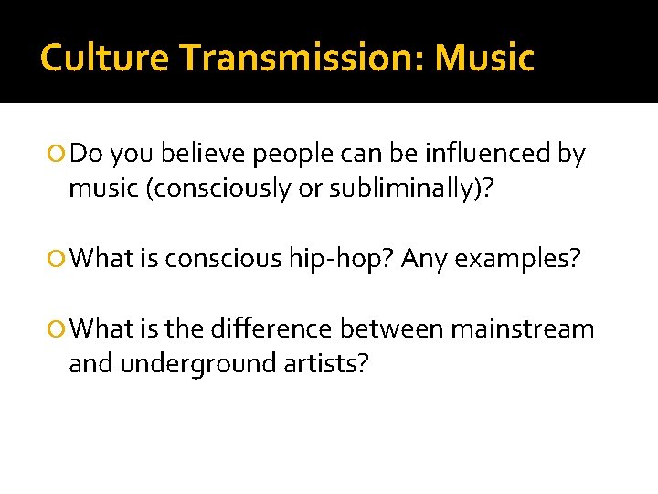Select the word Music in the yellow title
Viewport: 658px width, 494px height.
click(484, 59)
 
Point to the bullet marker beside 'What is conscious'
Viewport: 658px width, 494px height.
click(59, 261)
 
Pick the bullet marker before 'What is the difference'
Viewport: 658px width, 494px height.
click(59, 329)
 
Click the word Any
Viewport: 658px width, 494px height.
click(425, 261)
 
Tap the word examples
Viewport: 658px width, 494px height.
click(516, 261)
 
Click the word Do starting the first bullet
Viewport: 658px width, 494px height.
click(86, 155)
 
